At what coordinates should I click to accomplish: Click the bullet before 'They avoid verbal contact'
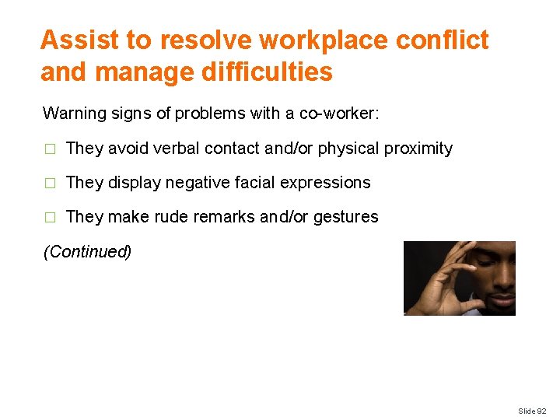51,149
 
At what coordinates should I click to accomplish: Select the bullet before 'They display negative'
51,184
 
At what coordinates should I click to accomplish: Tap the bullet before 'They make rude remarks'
51,218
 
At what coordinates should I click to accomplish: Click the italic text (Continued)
87,252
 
